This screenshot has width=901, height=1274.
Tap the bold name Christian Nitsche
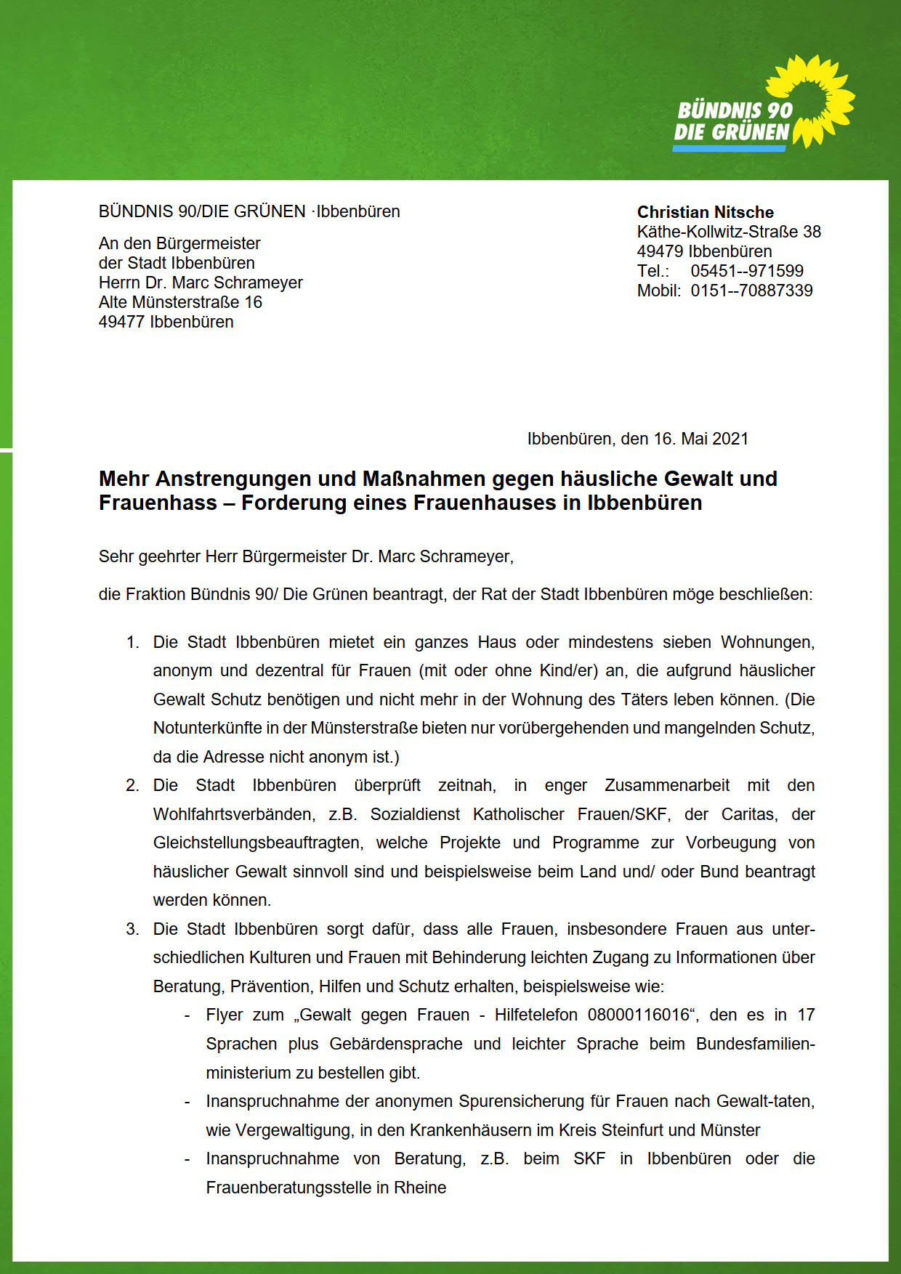(705, 212)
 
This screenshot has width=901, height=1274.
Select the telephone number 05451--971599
(747, 271)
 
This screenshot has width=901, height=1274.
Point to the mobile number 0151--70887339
(751, 291)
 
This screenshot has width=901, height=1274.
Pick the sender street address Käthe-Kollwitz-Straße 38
(729, 232)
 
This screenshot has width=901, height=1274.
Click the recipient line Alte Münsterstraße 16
(180, 302)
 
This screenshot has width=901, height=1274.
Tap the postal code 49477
(121, 322)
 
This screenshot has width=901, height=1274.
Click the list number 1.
(132, 643)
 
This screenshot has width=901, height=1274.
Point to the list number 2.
(132, 786)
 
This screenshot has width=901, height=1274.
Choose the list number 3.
(132, 930)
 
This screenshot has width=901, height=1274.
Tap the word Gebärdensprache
(395, 1044)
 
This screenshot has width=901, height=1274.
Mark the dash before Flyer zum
(187, 1015)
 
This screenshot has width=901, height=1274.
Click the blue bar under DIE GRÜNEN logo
(729, 148)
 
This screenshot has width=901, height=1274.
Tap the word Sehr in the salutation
(114, 557)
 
